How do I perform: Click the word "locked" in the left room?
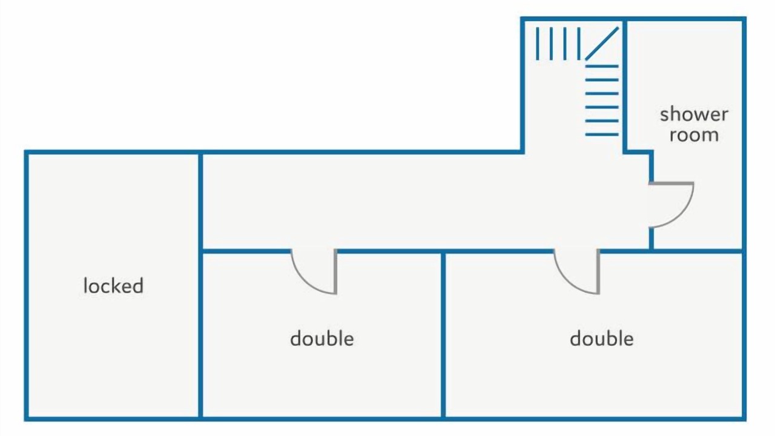click(113, 286)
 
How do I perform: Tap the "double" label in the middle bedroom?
click(322, 339)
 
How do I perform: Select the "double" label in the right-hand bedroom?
click(602, 339)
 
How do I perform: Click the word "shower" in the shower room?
click(694, 114)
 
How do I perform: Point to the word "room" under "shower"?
click(694, 135)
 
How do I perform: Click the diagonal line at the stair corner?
click(602, 44)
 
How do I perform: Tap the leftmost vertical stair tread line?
click(537, 44)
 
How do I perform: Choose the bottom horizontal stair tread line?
click(602, 134)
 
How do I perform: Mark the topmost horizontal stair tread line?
click(602, 66)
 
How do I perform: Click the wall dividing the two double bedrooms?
click(443, 335)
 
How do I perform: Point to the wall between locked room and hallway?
click(200, 285)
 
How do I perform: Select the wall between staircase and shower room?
click(625, 86)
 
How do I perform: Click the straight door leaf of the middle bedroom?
click(335, 272)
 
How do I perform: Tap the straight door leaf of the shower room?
click(671, 183)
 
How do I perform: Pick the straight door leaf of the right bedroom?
click(598, 272)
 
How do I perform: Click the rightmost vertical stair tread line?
click(579, 44)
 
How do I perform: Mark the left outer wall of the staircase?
click(523, 85)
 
